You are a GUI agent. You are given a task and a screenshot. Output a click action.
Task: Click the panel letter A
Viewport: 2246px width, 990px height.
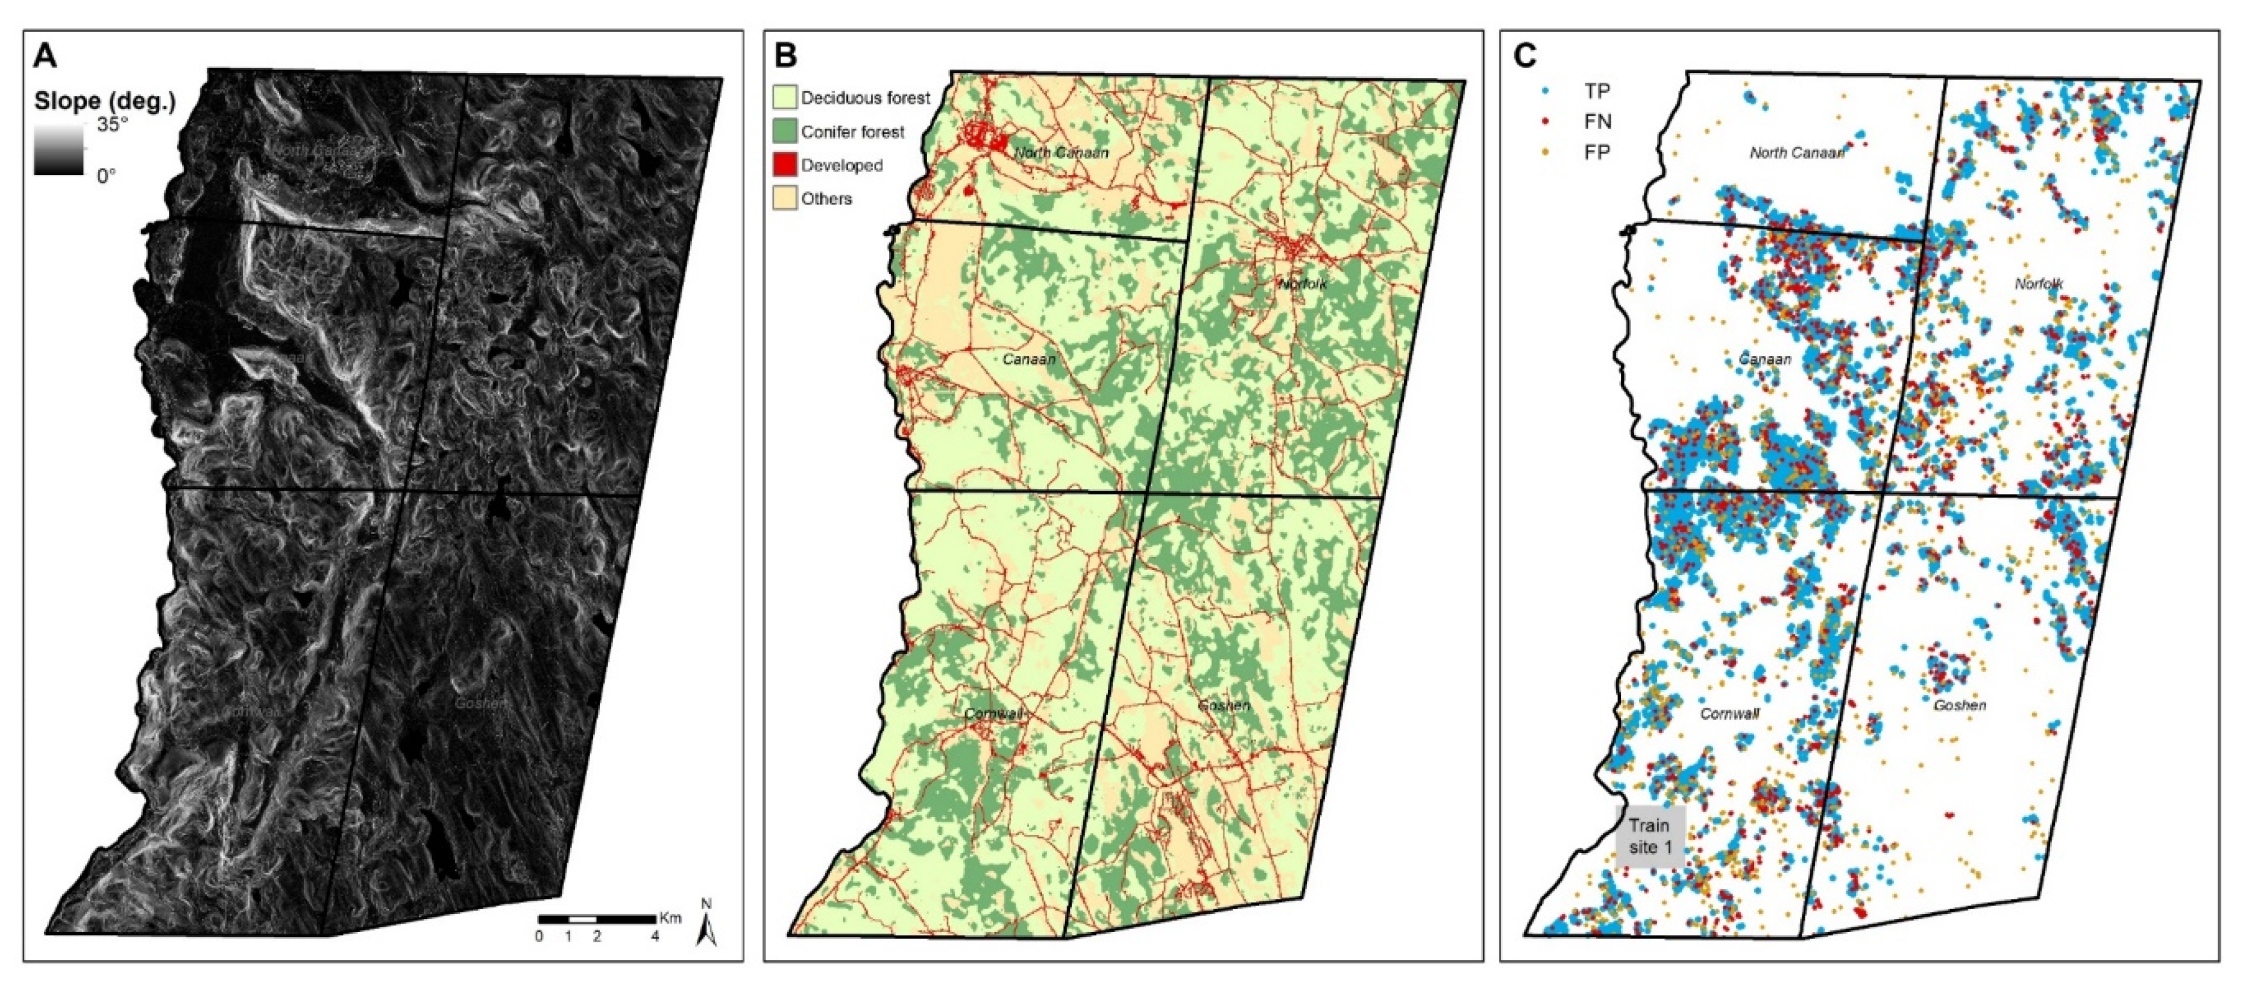pyautogui.click(x=45, y=57)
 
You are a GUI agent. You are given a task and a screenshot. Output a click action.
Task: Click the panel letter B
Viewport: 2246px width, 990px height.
pyautogui.click(x=785, y=57)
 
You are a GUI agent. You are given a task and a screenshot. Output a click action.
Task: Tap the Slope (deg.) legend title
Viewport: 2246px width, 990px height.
pyautogui.click(x=105, y=101)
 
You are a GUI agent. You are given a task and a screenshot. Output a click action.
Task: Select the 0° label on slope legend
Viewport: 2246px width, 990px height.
pyautogui.click(x=106, y=176)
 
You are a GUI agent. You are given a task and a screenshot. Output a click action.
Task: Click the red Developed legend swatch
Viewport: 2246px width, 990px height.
pyautogui.click(x=785, y=165)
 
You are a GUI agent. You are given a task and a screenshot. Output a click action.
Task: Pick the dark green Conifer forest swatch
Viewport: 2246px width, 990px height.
pyautogui.click(x=785, y=132)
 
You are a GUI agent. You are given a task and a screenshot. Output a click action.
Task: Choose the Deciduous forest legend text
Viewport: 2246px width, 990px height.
pyautogui.click(x=865, y=98)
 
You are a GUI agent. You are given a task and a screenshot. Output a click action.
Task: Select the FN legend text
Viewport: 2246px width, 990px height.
pyautogui.click(x=1597, y=121)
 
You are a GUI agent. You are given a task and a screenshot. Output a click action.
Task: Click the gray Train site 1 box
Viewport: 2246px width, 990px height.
pyautogui.click(x=1650, y=836)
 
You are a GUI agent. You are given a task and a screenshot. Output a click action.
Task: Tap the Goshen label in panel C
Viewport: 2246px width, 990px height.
pyautogui.click(x=1959, y=705)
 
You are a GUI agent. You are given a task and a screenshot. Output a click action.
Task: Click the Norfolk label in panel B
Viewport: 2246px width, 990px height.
pyautogui.click(x=1303, y=284)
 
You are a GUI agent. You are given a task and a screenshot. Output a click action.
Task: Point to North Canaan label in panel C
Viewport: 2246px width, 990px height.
pyautogui.click(x=1797, y=153)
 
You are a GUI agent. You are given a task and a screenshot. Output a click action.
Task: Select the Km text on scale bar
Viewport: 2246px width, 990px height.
pyautogui.click(x=670, y=918)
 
